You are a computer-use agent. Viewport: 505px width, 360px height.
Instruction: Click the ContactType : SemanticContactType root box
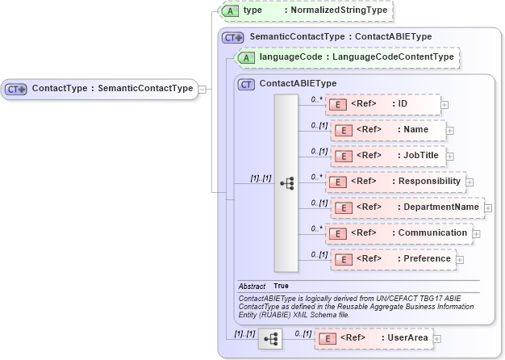[x=100, y=89]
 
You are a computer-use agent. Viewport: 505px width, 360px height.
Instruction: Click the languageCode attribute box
[x=347, y=57]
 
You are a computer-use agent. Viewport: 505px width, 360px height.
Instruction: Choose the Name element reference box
[x=387, y=130]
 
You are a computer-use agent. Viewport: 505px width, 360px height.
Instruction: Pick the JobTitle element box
[x=387, y=156]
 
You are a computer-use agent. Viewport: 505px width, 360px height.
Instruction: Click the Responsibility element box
[x=395, y=182]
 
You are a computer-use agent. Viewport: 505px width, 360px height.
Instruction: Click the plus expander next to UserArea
[x=437, y=339]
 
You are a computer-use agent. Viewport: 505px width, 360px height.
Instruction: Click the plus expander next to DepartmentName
[x=489, y=208]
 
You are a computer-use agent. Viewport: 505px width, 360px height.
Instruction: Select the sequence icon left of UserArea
[x=269, y=339]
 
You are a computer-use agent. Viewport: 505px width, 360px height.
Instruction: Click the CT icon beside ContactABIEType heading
[x=245, y=83]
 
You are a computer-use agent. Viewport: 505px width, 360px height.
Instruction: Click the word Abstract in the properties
[x=252, y=286]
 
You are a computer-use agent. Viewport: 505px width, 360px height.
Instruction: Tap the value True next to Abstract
[x=281, y=286]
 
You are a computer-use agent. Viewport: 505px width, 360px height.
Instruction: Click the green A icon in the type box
[x=230, y=10]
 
